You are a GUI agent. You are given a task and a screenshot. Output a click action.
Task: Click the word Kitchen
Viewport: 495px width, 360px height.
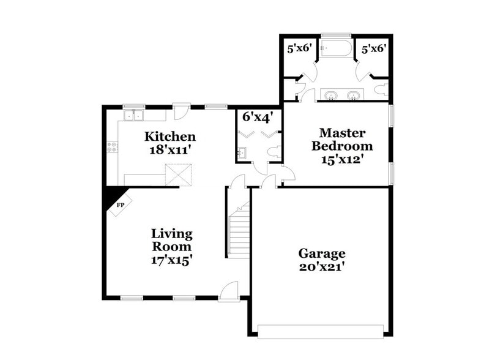pos(170,136)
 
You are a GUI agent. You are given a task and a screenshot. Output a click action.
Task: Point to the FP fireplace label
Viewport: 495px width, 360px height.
pos(121,204)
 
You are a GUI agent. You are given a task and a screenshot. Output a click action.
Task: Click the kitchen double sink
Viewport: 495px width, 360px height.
pos(133,115)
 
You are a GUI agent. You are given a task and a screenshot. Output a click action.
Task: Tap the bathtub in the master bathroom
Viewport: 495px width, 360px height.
pos(336,50)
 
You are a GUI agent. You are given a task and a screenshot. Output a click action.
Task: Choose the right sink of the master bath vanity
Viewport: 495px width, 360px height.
pos(353,96)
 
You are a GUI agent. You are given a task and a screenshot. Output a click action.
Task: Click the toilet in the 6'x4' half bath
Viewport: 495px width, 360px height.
pos(274,151)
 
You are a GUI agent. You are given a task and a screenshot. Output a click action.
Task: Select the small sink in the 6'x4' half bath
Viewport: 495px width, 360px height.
pos(242,152)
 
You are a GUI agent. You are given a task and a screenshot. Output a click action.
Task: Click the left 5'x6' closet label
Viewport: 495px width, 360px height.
pos(300,48)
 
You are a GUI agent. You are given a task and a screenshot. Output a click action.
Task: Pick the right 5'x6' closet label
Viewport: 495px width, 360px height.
pos(373,48)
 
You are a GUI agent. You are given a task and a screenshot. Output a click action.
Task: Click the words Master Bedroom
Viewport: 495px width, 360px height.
pos(342,140)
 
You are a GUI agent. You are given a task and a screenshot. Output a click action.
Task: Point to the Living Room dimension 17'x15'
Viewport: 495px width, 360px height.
pos(172,260)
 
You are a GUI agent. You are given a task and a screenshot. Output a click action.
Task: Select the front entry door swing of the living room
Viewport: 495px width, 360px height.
pos(228,290)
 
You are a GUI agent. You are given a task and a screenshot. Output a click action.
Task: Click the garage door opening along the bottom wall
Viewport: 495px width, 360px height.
pos(320,331)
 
